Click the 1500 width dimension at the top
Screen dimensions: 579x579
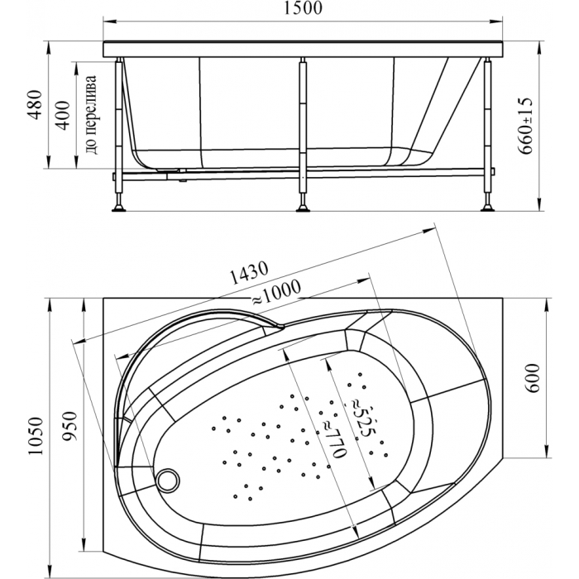click(x=303, y=8)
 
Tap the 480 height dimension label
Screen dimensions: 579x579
click(x=36, y=104)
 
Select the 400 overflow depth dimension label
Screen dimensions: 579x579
click(x=63, y=115)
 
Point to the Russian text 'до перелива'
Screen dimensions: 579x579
click(x=91, y=115)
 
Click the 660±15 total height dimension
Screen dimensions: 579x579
click(x=525, y=126)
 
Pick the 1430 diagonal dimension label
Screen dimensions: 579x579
click(x=248, y=272)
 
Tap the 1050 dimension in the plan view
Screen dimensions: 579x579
click(x=36, y=436)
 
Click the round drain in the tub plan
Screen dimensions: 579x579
click(x=169, y=479)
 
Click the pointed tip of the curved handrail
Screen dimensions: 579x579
click(x=284, y=327)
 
